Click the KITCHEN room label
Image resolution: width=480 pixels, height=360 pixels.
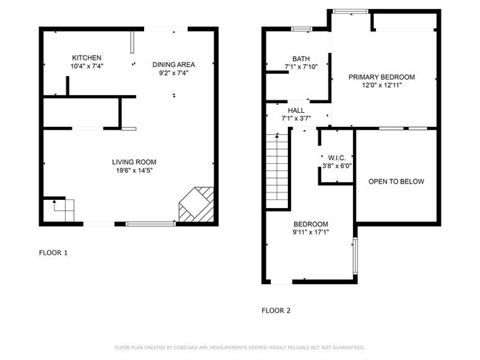point(86,58)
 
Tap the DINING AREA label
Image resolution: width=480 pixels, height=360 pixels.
point(174,64)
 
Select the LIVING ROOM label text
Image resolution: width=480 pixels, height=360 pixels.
point(134,162)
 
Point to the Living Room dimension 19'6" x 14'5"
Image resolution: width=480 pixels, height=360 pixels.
point(134,171)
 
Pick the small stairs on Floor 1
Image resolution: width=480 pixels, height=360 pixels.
point(60,210)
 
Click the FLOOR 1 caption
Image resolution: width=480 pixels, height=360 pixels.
point(53,253)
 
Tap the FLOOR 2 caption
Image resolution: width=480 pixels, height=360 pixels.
point(276,311)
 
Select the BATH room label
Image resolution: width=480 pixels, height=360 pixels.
point(301,59)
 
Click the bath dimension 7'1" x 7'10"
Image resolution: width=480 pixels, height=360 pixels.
point(301,67)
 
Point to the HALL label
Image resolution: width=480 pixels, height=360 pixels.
point(296,110)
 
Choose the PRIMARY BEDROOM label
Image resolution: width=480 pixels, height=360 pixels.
point(382,77)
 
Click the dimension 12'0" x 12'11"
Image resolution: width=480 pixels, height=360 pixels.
point(382,86)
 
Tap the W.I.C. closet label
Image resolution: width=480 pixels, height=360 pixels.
point(336,157)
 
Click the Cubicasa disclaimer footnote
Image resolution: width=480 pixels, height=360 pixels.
point(239,347)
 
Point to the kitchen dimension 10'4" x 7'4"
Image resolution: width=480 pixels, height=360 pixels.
point(86,66)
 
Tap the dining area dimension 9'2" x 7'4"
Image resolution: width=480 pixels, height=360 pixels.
point(174,72)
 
